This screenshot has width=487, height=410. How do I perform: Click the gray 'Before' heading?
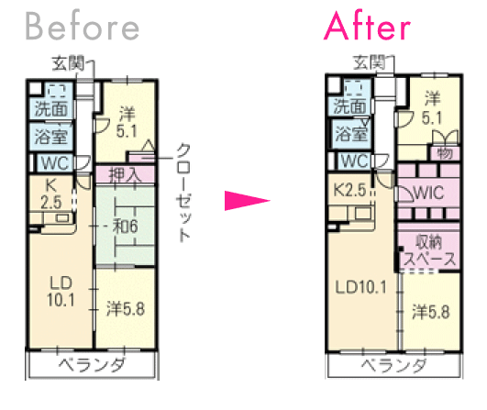[x=82, y=27]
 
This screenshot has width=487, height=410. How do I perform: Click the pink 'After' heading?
[x=367, y=26]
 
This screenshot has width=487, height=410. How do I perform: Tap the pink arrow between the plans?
[x=248, y=201]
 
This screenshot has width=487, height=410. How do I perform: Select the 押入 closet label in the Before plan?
[x=124, y=174]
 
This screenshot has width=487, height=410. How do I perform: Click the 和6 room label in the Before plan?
[x=125, y=227]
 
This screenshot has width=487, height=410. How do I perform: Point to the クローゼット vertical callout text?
[x=183, y=193]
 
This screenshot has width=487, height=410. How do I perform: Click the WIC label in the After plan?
[x=429, y=193]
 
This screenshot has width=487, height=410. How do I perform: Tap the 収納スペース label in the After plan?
[x=428, y=250]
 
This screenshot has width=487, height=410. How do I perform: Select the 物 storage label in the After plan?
[x=445, y=153]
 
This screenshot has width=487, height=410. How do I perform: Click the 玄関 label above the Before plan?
[x=68, y=63]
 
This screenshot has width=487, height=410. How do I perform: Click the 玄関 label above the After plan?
[x=370, y=62]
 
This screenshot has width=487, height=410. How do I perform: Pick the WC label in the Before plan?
[x=55, y=162]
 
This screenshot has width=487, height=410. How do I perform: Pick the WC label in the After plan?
[x=355, y=161]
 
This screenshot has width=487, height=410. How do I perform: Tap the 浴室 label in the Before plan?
[x=51, y=137]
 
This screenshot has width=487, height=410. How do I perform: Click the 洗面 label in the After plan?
[x=350, y=106]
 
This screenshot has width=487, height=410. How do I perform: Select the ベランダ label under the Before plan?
[x=93, y=364]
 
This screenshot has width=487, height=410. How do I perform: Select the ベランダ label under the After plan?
[x=393, y=365]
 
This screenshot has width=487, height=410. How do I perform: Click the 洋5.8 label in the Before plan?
[x=126, y=309]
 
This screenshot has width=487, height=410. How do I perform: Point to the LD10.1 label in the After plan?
[x=361, y=287]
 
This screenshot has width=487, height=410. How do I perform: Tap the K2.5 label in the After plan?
[x=349, y=190]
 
